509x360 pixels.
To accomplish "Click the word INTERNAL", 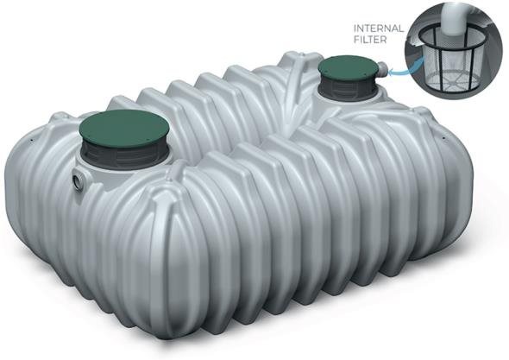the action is point(379,28).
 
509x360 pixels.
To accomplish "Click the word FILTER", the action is point(370,40).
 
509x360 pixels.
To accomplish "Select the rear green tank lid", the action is point(348,68).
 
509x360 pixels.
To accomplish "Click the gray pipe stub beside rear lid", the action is point(383,69).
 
